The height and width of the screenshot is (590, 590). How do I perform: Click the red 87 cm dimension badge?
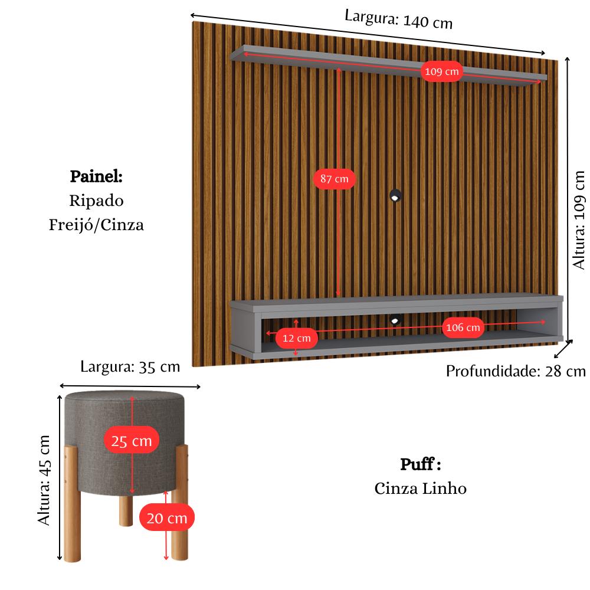[x=334, y=178]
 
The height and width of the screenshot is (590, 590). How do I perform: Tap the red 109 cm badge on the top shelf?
[x=441, y=72]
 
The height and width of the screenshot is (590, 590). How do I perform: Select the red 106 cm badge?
[x=463, y=327]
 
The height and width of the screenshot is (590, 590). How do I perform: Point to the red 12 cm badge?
[x=296, y=338]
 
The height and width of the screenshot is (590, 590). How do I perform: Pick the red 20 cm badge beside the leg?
[x=167, y=518]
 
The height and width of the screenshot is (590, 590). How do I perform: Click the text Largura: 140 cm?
[x=399, y=19]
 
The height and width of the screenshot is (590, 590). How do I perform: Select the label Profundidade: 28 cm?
[x=516, y=371]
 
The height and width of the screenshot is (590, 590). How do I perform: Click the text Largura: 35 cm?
[x=130, y=366]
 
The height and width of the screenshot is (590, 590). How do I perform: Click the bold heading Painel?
[x=96, y=176]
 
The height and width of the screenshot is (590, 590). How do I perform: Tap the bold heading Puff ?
[x=421, y=464]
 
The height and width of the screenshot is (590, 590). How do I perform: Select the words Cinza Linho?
[x=420, y=489]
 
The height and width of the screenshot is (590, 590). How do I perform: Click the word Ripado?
[x=96, y=201]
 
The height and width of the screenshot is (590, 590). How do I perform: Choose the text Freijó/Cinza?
[x=96, y=225]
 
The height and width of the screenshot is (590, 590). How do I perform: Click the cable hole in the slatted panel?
[x=395, y=195]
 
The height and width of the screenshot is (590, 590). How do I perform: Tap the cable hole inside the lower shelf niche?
[x=395, y=320]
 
